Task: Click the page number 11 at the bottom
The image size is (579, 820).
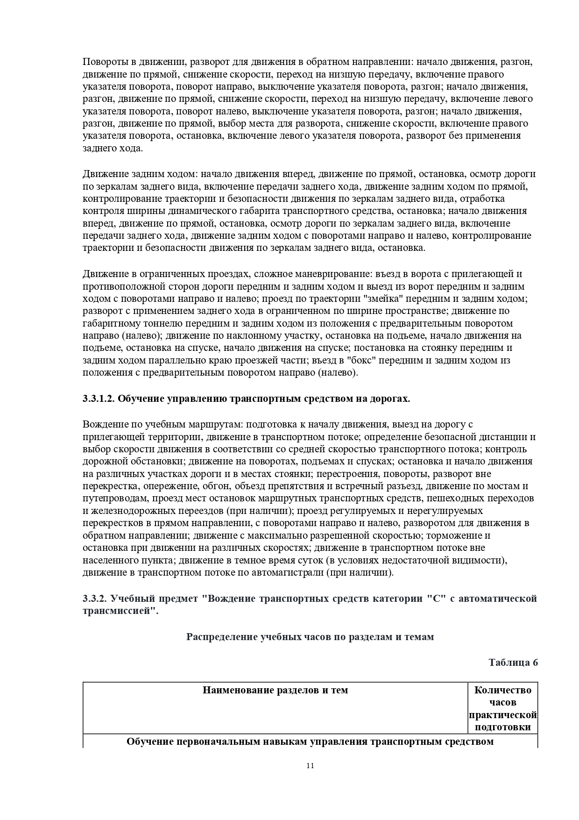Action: point(310,778)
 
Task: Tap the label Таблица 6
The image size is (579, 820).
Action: point(513,663)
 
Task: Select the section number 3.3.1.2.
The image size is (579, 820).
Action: point(98,399)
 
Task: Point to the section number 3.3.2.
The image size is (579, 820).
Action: point(95,599)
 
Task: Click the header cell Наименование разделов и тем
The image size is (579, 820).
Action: point(275,690)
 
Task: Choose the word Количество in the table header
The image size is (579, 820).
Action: point(502,690)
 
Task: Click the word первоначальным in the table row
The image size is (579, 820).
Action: point(204,742)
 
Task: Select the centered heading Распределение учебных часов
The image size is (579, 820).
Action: point(310,637)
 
